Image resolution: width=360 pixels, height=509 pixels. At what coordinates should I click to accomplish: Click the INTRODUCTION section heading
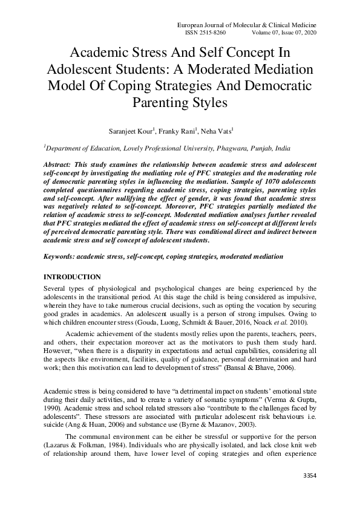point(71,277)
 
